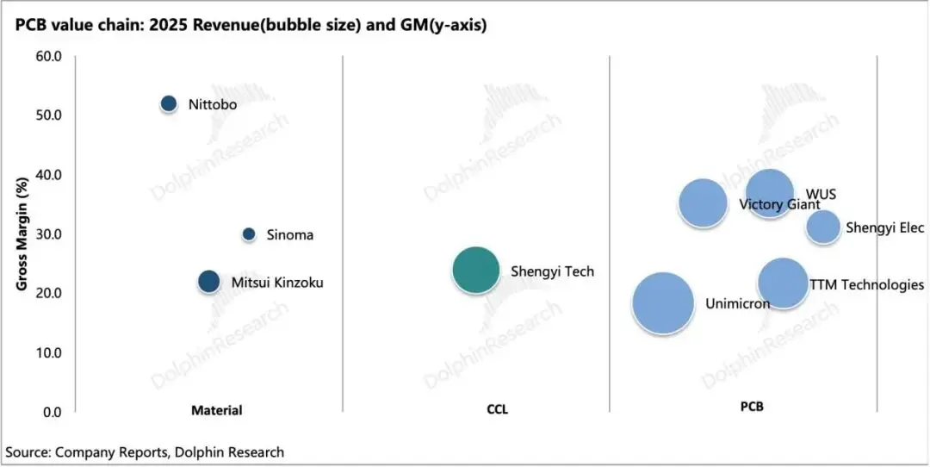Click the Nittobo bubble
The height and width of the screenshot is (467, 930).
(x=169, y=104)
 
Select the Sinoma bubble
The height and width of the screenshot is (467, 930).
(x=249, y=234)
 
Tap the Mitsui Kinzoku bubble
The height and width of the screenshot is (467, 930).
(x=208, y=281)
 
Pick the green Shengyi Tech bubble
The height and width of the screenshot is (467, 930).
(x=475, y=270)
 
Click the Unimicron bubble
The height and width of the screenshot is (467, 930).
(x=663, y=303)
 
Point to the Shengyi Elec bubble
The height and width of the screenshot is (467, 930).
(x=822, y=227)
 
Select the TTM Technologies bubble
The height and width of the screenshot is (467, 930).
(x=783, y=283)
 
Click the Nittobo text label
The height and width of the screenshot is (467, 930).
(x=213, y=105)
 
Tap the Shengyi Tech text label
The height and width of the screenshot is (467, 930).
(x=552, y=271)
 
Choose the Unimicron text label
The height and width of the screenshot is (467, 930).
(x=738, y=304)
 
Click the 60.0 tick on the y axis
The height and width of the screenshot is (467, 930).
(x=50, y=57)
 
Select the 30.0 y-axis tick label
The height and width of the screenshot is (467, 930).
(x=50, y=234)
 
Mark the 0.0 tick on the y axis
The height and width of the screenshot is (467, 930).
(x=53, y=412)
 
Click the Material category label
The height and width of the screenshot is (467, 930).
(x=216, y=410)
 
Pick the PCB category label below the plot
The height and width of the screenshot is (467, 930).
(x=752, y=408)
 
